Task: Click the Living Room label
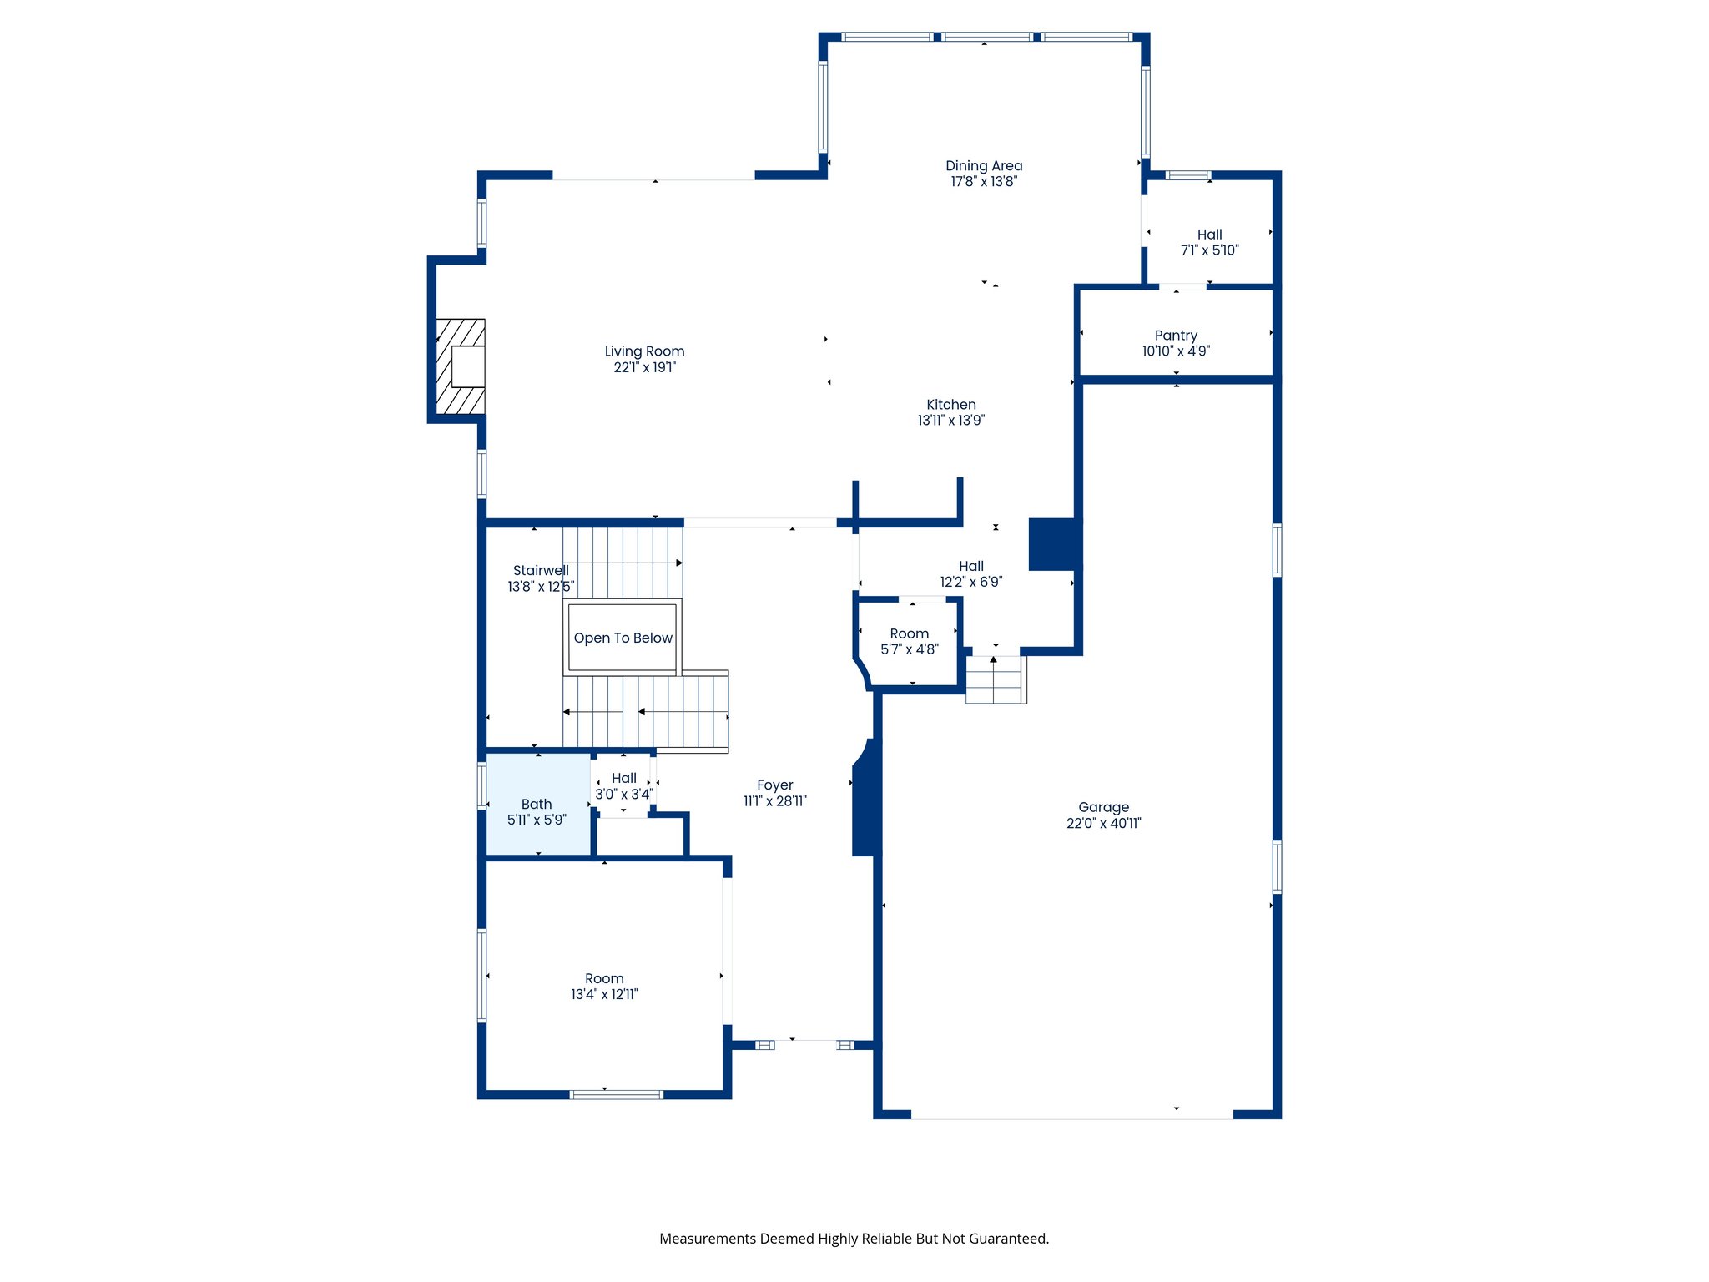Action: (x=644, y=351)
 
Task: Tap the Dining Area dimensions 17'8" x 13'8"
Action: (x=984, y=182)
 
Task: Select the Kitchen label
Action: (x=950, y=405)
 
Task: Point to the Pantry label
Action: (x=1176, y=336)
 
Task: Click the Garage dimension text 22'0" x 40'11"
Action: (x=1103, y=823)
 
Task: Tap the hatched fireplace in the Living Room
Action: (x=460, y=366)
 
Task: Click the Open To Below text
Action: (x=623, y=638)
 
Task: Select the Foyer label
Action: (x=774, y=785)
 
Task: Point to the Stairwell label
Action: (x=540, y=571)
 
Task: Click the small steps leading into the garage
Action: (x=995, y=679)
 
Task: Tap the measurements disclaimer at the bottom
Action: (x=854, y=1239)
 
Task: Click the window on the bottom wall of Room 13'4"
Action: (x=616, y=1094)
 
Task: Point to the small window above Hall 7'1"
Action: (x=1187, y=175)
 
